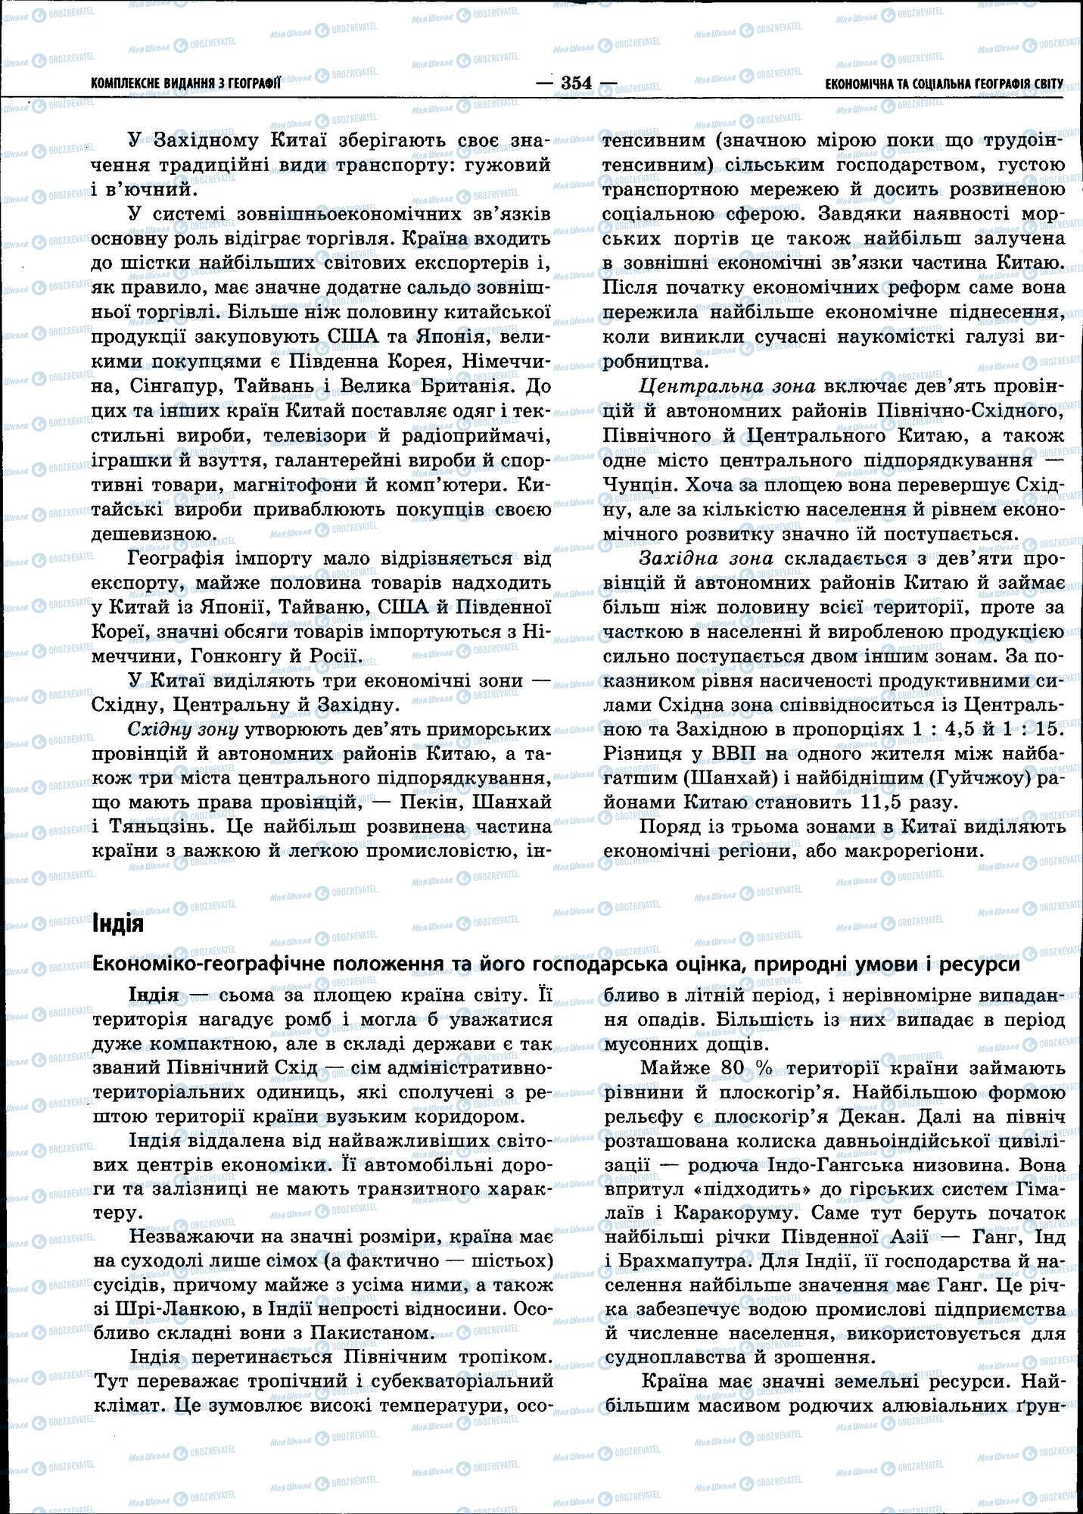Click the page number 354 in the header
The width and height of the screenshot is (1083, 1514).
coord(577,83)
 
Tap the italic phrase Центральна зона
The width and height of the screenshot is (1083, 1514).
coord(727,387)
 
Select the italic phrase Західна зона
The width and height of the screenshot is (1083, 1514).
coord(706,559)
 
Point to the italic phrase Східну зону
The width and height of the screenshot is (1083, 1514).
coord(184,730)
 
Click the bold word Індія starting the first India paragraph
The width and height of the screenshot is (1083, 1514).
coord(154,994)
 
